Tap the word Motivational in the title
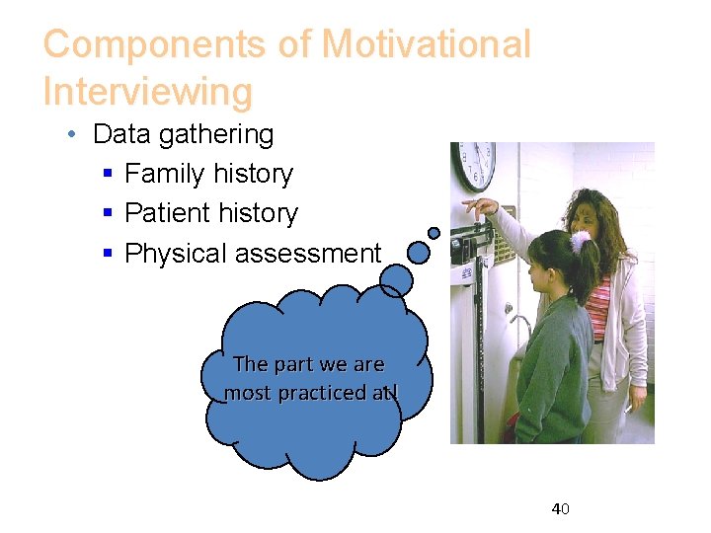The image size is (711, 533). coord(427,44)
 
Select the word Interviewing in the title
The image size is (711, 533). coord(148,92)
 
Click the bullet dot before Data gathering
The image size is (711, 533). coord(75,135)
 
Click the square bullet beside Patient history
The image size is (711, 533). coord(108,214)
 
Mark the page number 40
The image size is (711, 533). coord(561,509)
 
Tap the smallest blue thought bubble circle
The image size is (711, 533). coord(434,233)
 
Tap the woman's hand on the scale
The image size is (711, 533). coord(481,207)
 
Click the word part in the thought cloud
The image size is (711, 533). coord(293,364)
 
